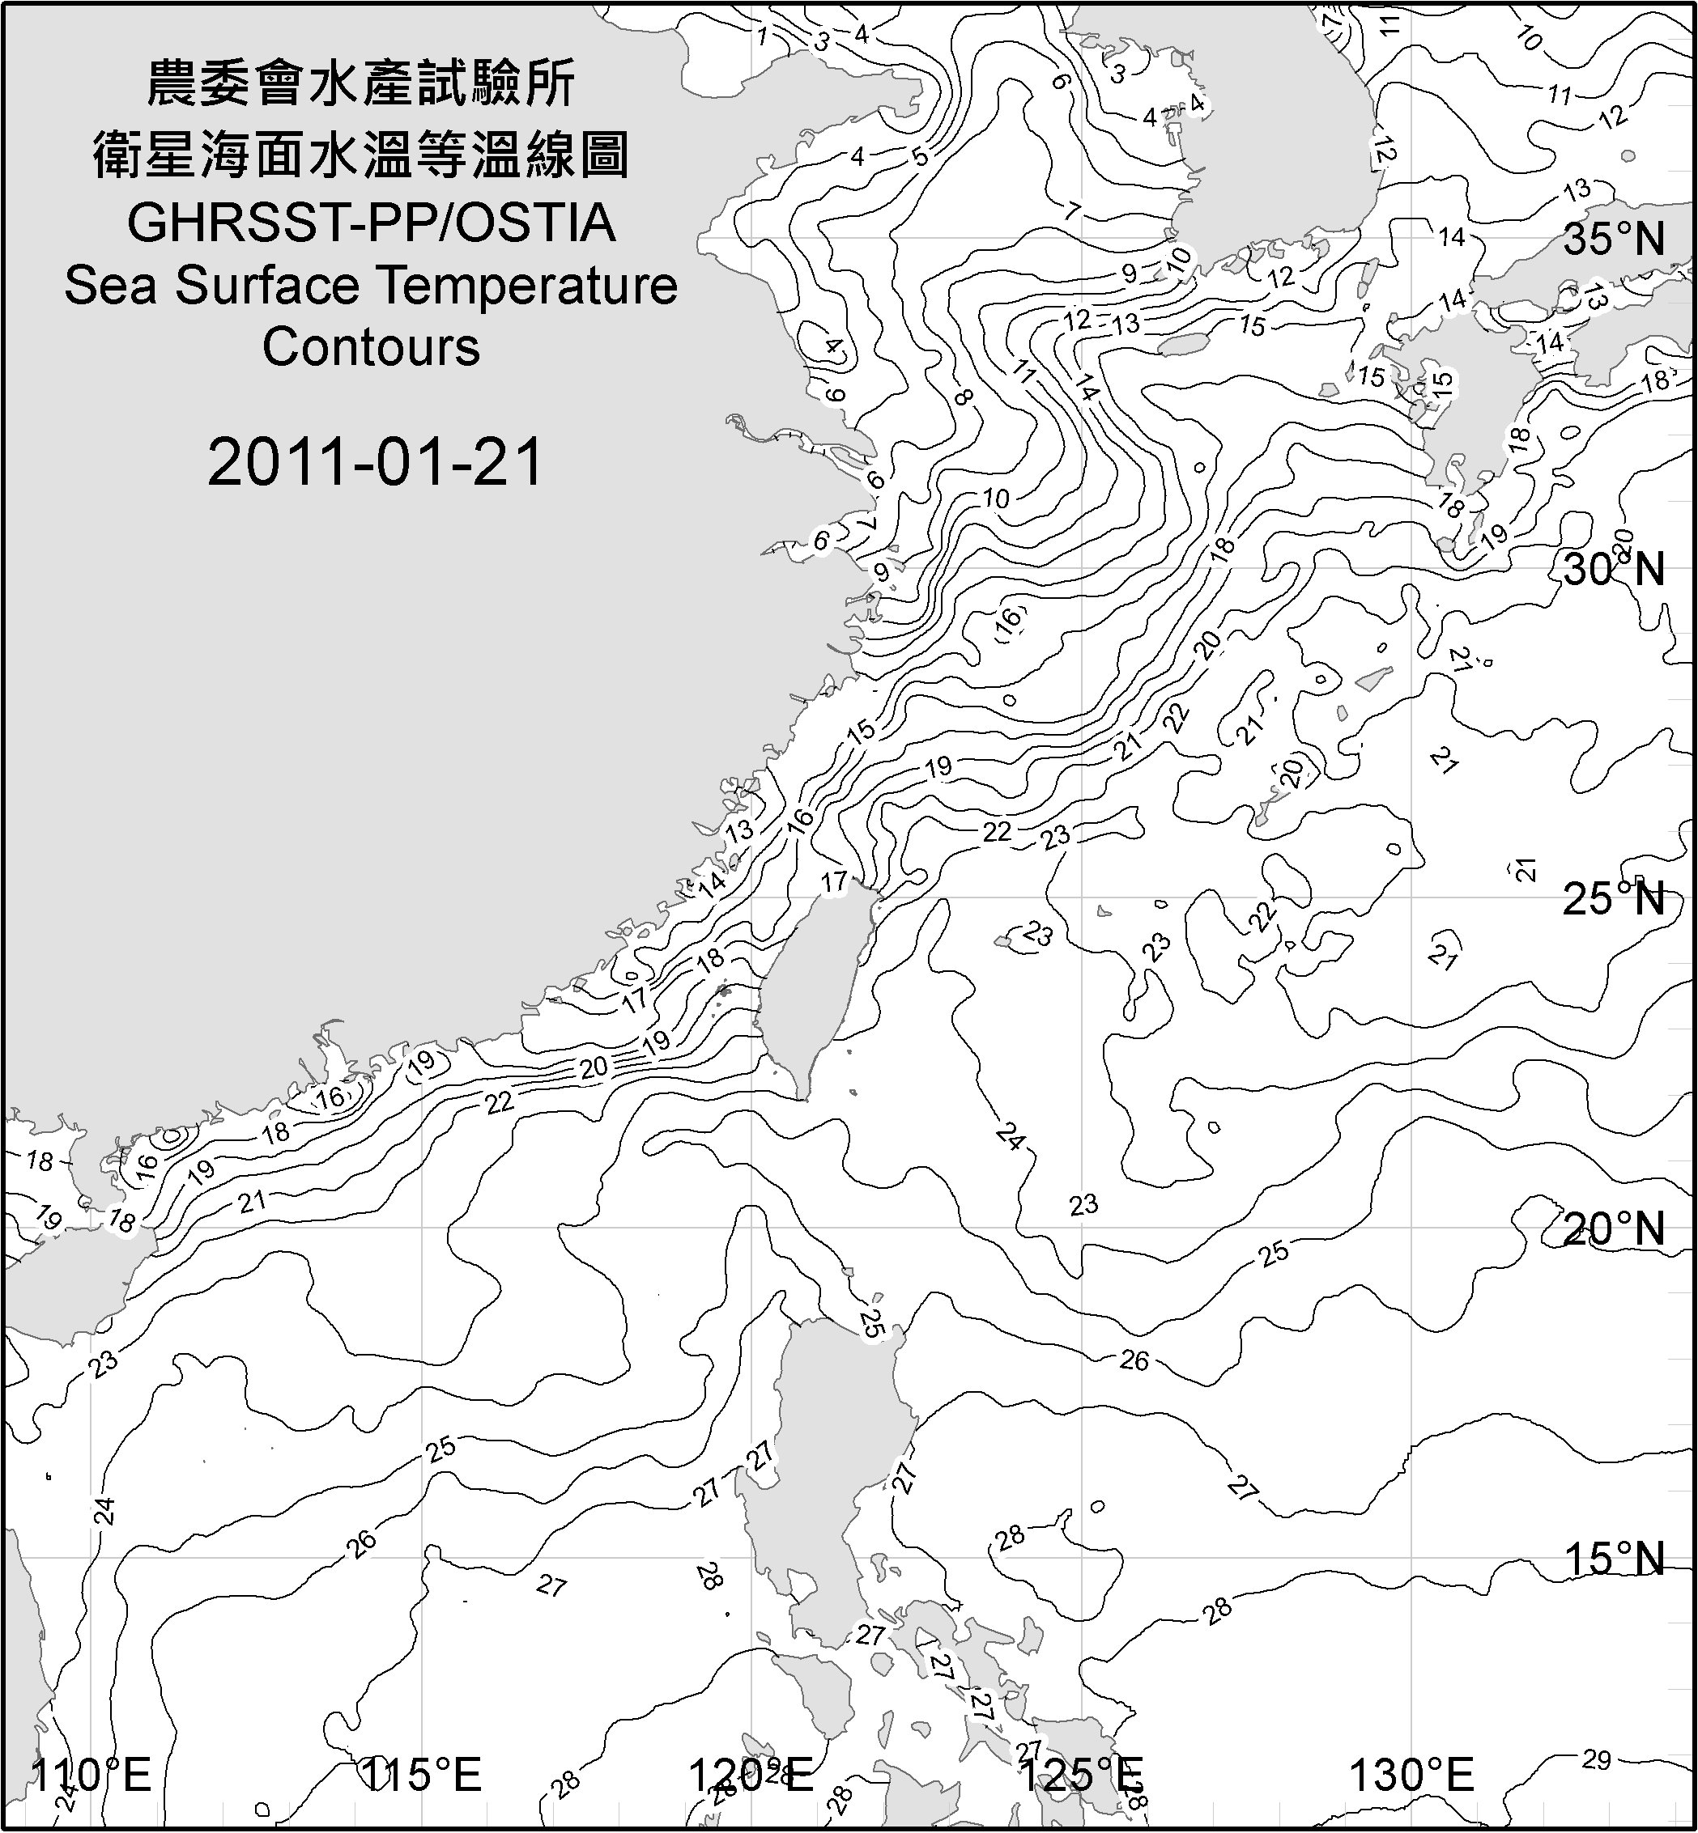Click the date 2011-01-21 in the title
(375, 462)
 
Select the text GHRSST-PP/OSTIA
(371, 223)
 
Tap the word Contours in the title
(371, 347)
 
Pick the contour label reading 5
(921, 157)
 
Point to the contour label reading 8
(962, 397)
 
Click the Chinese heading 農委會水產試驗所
(362, 84)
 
